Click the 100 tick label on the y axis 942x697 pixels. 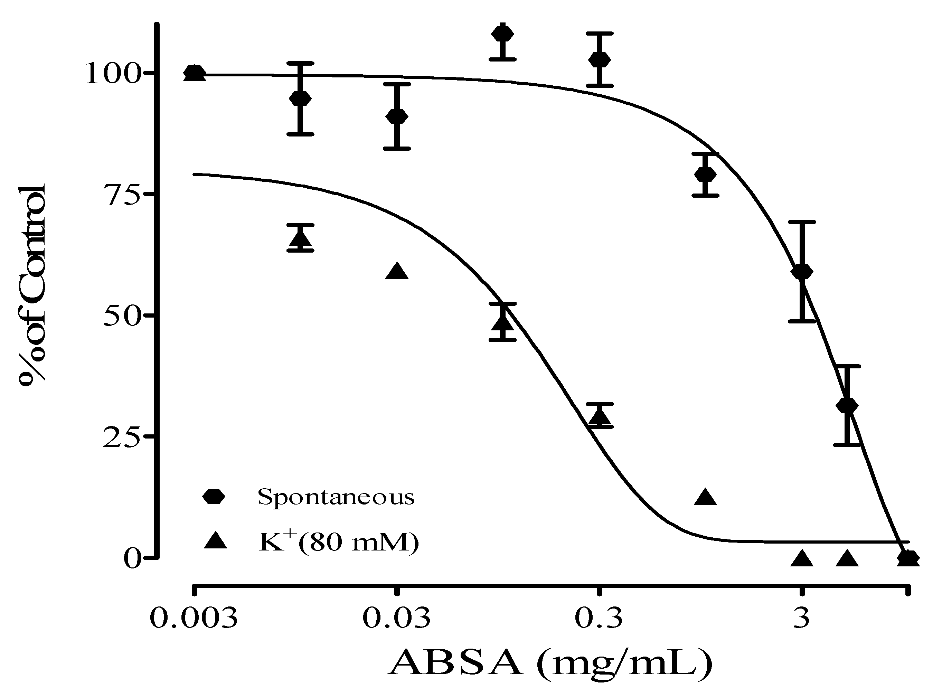(113, 74)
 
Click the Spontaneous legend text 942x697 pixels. (336, 497)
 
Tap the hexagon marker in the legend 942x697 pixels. (214, 497)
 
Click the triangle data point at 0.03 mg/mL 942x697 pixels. (397, 272)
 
